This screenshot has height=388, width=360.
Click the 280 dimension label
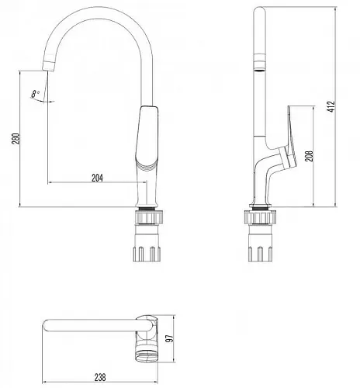click(x=16, y=139)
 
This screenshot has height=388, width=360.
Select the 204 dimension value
click(x=97, y=178)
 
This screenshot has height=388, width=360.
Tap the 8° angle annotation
click(x=36, y=94)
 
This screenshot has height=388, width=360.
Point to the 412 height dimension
click(x=331, y=106)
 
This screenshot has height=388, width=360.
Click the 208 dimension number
click(x=309, y=156)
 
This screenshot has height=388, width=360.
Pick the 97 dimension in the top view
click(x=169, y=338)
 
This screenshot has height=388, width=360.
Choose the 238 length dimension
click(x=100, y=377)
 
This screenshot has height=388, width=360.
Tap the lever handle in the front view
click(x=147, y=138)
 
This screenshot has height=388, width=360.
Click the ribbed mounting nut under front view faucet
click(x=149, y=217)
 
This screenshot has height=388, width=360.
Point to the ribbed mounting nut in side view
click(x=260, y=217)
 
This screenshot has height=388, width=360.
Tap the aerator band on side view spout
click(x=260, y=62)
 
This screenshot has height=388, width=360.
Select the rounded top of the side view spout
click(x=260, y=11)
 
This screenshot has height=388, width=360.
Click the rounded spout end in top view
click(x=47, y=326)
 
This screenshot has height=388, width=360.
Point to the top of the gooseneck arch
click(x=99, y=12)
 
